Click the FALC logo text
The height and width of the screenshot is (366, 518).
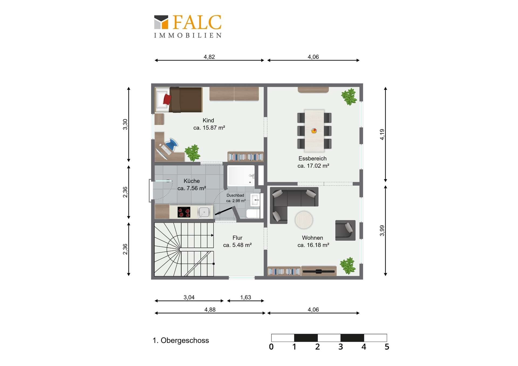(197, 22)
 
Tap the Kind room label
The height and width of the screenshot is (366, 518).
(208, 121)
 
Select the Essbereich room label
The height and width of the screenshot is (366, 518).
(312, 159)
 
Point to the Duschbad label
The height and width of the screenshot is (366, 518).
(235, 195)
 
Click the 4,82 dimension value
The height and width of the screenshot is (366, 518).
(209, 57)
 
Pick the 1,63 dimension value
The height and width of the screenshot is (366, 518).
(246, 297)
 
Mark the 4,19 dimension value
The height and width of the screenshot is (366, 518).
(382, 134)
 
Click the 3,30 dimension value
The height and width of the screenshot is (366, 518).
(125, 124)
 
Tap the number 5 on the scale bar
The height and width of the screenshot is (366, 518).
(387, 347)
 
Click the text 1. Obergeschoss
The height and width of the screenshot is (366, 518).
(181, 340)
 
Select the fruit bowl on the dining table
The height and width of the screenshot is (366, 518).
(314, 131)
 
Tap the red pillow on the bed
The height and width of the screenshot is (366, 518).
(167, 99)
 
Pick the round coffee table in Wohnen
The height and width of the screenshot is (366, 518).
(304, 220)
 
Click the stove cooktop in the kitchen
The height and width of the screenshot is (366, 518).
(184, 212)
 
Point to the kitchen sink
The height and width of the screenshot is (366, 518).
(204, 212)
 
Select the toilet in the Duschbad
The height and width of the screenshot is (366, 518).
(253, 214)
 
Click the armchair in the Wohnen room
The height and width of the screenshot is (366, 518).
(345, 230)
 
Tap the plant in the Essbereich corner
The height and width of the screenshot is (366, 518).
(349, 97)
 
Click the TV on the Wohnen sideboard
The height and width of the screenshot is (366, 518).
(319, 271)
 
